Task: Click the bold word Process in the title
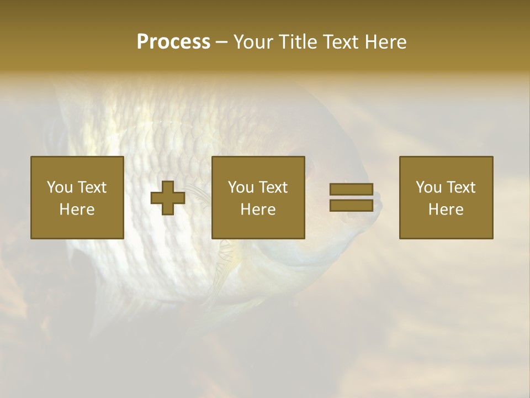click(x=173, y=42)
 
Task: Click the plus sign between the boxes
click(x=168, y=198)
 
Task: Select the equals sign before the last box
click(x=351, y=197)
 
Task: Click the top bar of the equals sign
click(x=351, y=190)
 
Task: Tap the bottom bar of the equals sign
click(x=351, y=205)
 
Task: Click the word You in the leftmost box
click(x=60, y=187)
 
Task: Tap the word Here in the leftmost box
click(x=77, y=210)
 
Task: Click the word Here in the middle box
click(x=258, y=210)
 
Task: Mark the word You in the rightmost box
click(x=428, y=187)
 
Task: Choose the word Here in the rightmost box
click(x=446, y=210)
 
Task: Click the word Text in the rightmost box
click(x=461, y=187)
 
